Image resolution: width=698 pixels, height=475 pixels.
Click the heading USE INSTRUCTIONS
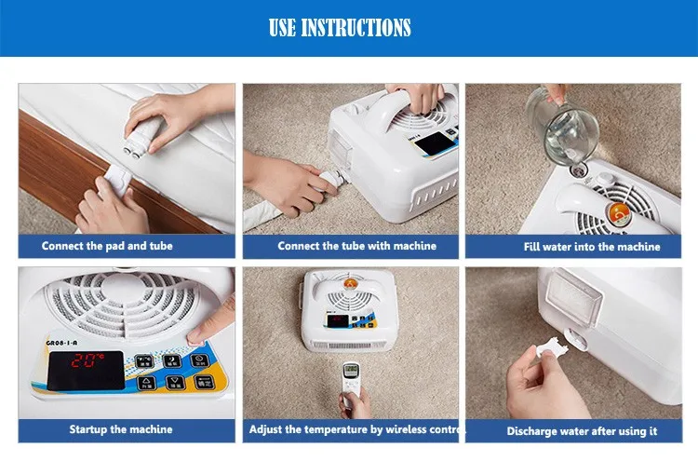(339, 28)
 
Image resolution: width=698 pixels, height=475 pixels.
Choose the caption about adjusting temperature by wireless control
(350, 429)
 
